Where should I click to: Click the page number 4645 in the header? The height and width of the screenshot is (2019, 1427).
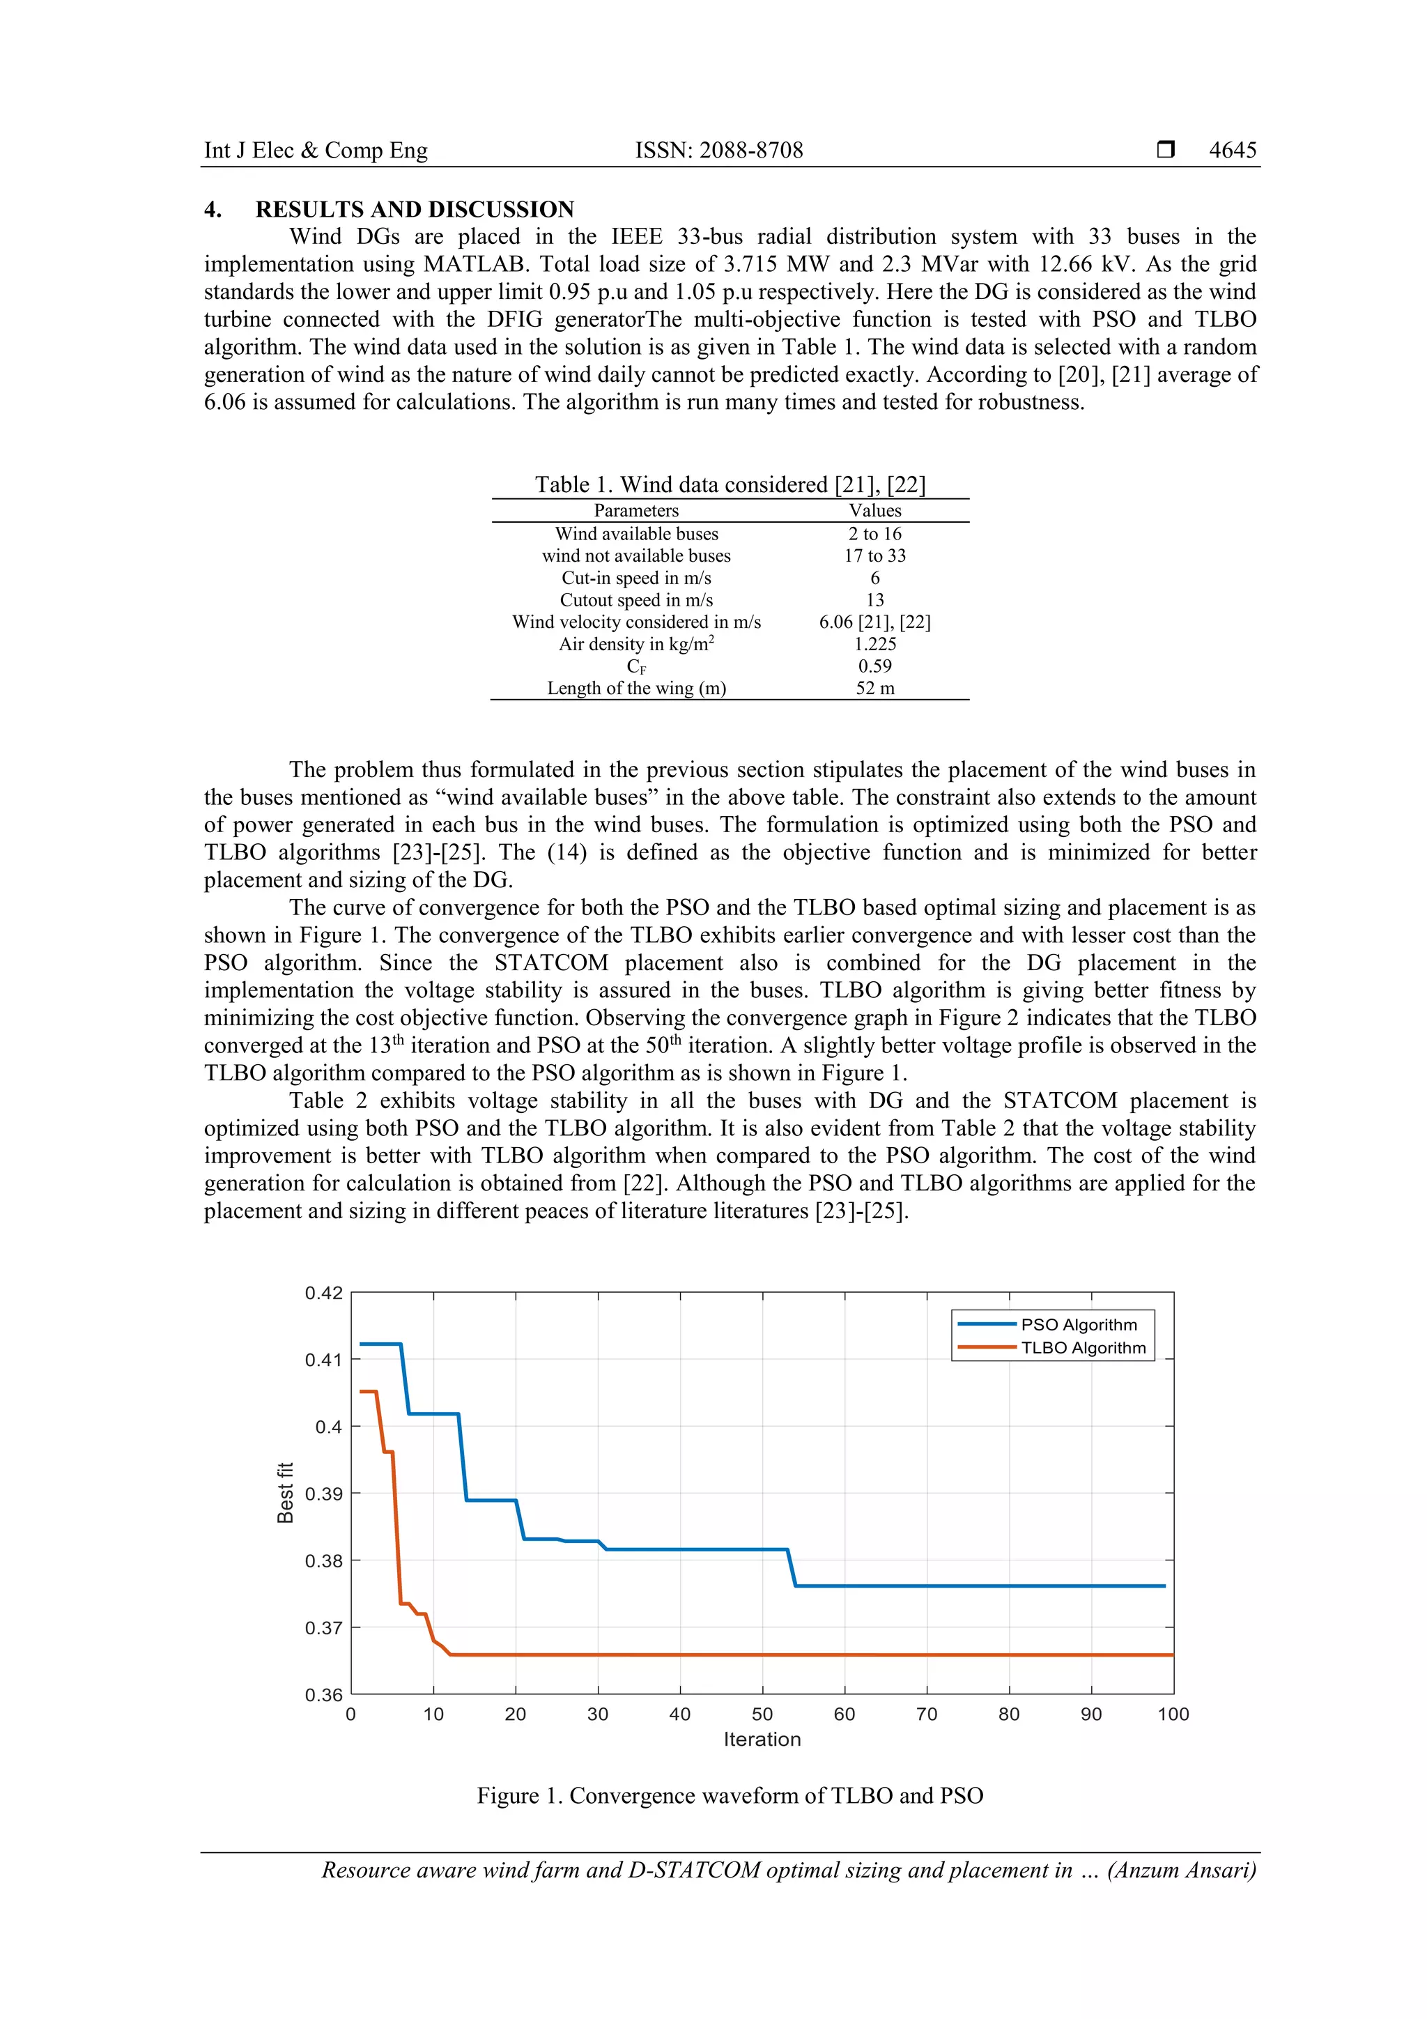point(1232,151)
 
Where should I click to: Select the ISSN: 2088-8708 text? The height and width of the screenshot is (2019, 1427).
point(718,151)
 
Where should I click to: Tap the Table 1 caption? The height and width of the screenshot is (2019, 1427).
point(730,484)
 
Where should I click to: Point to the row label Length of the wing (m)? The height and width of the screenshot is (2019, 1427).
point(637,688)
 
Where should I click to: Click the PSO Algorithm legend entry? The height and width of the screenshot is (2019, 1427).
point(1078,1324)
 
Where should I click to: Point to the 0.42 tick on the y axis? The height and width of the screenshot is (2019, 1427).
point(323,1293)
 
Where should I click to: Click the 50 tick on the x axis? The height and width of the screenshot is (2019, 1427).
point(762,1714)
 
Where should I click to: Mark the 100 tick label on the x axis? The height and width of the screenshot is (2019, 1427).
point(1173,1714)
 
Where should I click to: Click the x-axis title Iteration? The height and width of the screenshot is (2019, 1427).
point(762,1740)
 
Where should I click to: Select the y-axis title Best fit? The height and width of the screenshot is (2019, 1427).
point(285,1492)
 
